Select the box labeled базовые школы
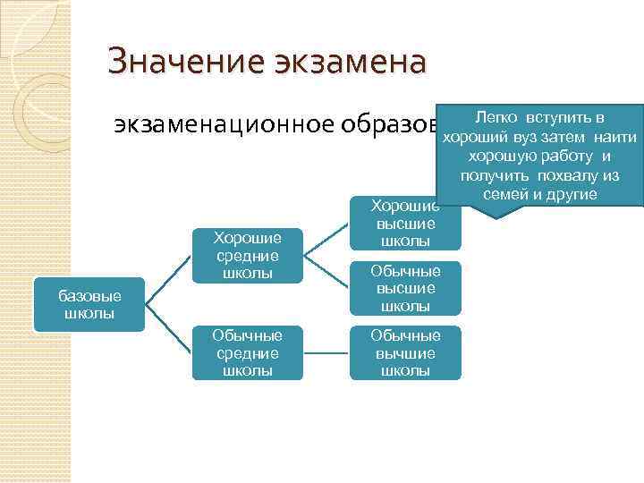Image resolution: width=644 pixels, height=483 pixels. coord(89,304)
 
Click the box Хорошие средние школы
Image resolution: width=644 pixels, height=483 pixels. coord(247,255)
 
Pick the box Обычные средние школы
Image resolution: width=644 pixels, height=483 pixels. coord(247,352)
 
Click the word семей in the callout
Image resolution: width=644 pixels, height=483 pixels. coord(503,195)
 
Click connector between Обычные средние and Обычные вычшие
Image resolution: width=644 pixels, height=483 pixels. coord(324,352)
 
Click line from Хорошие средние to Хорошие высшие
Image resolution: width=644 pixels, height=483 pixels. coord(326,236)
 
